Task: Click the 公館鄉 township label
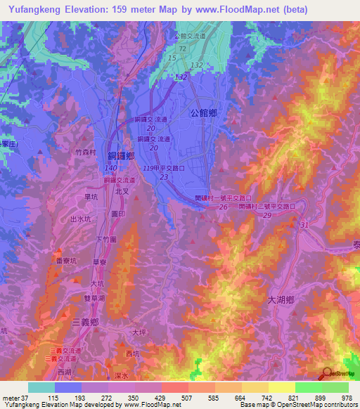click(x=205, y=112)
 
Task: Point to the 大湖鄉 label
click(x=284, y=299)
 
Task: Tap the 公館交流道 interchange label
click(x=189, y=36)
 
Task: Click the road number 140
click(x=110, y=169)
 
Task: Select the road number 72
click(x=183, y=48)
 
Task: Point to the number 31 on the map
click(x=304, y=224)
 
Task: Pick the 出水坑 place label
click(x=82, y=219)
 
